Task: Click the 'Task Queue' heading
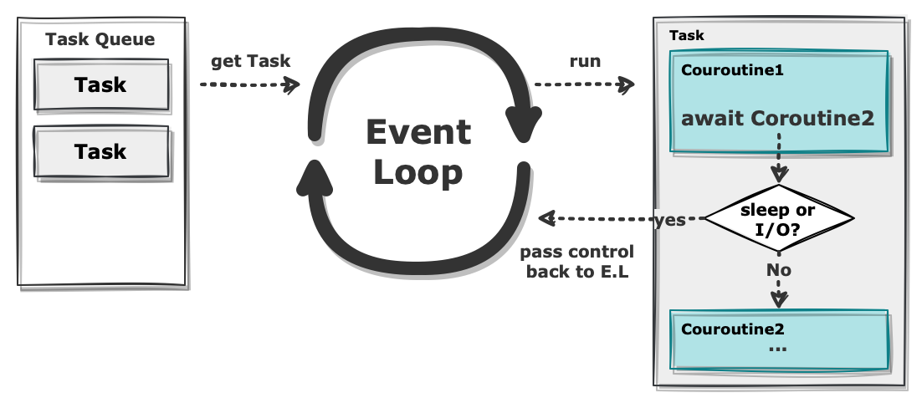pyautogui.click(x=100, y=40)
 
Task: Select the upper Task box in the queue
pyautogui.click(x=101, y=84)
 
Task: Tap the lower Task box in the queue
pyautogui.click(x=101, y=151)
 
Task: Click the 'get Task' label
pyautogui.click(x=250, y=62)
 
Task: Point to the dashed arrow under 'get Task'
pyautogui.click(x=249, y=84)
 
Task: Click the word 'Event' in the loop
pyautogui.click(x=418, y=132)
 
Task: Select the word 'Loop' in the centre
pyautogui.click(x=418, y=173)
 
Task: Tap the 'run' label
pyautogui.click(x=585, y=62)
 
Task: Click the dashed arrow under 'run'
pyautogui.click(x=584, y=84)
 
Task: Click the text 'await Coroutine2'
pyautogui.click(x=777, y=119)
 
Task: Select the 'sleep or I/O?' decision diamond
pyautogui.click(x=779, y=218)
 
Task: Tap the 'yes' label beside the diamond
pyautogui.click(x=670, y=220)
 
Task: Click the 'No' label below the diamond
pyautogui.click(x=779, y=270)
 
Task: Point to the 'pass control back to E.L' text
pyautogui.click(x=576, y=262)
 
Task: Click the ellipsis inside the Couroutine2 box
pyautogui.click(x=777, y=349)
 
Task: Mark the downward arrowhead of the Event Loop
pyautogui.click(x=523, y=125)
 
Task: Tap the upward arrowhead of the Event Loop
pyautogui.click(x=315, y=177)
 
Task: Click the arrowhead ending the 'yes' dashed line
pyautogui.click(x=547, y=218)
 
